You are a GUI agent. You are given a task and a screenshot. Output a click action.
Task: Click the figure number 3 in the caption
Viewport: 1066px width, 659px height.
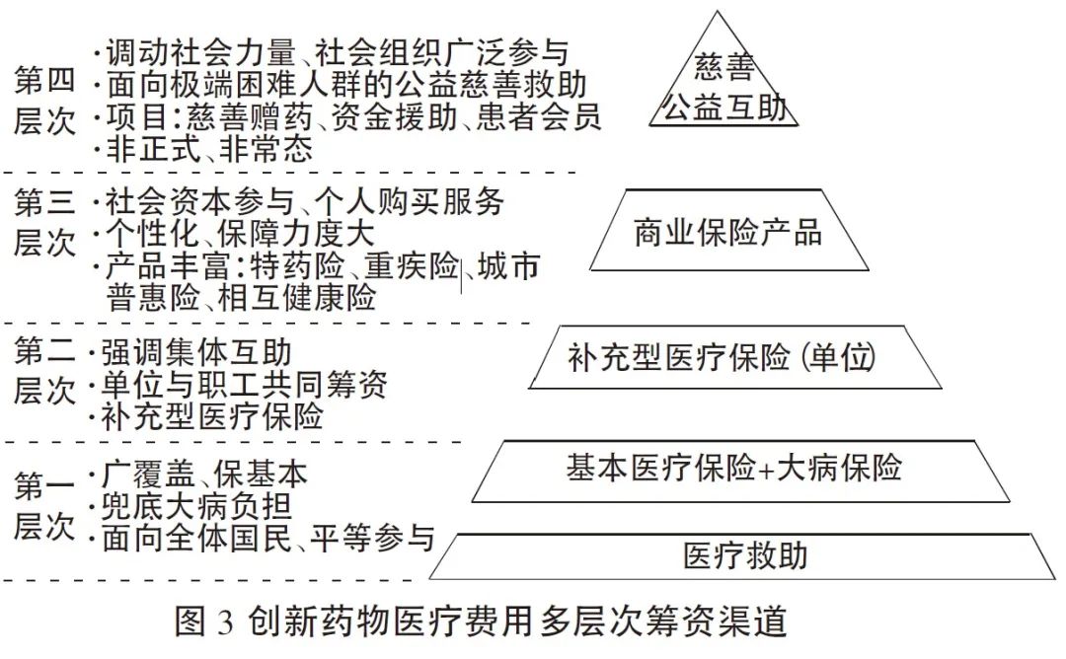tap(223, 623)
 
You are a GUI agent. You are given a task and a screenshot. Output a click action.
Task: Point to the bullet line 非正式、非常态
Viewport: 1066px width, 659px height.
tap(208, 149)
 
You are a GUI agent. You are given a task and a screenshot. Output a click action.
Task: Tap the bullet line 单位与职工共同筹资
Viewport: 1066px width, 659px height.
tap(243, 385)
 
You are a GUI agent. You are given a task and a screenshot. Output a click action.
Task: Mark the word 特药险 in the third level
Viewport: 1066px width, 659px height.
tap(296, 267)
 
